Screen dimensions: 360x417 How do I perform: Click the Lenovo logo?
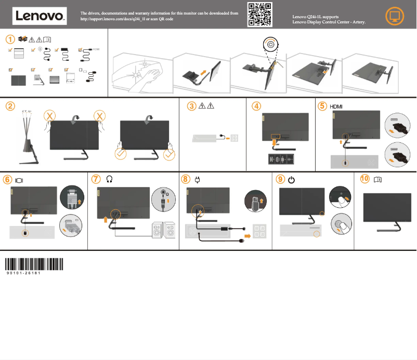(x=40, y=16)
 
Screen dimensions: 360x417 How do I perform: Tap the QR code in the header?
(x=259, y=14)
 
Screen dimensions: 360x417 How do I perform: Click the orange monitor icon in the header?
(x=397, y=16)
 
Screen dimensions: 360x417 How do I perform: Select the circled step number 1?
(x=10, y=39)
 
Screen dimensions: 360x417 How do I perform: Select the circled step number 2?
(x=10, y=106)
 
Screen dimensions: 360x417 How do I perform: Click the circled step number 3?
(x=192, y=106)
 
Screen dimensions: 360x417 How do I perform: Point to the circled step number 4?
(x=256, y=106)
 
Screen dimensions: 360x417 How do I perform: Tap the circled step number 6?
(x=7, y=179)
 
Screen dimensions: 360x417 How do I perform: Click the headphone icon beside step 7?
(x=110, y=179)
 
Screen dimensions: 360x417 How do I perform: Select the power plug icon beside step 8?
(x=198, y=180)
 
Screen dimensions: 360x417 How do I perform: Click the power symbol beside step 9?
(x=291, y=180)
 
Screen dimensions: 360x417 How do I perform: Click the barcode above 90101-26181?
(x=34, y=263)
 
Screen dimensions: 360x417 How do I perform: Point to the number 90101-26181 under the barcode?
(x=24, y=272)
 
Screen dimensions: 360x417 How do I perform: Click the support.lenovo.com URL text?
(x=127, y=18)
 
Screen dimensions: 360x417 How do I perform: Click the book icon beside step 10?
(x=377, y=179)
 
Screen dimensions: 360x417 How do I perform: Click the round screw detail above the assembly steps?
(x=271, y=44)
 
